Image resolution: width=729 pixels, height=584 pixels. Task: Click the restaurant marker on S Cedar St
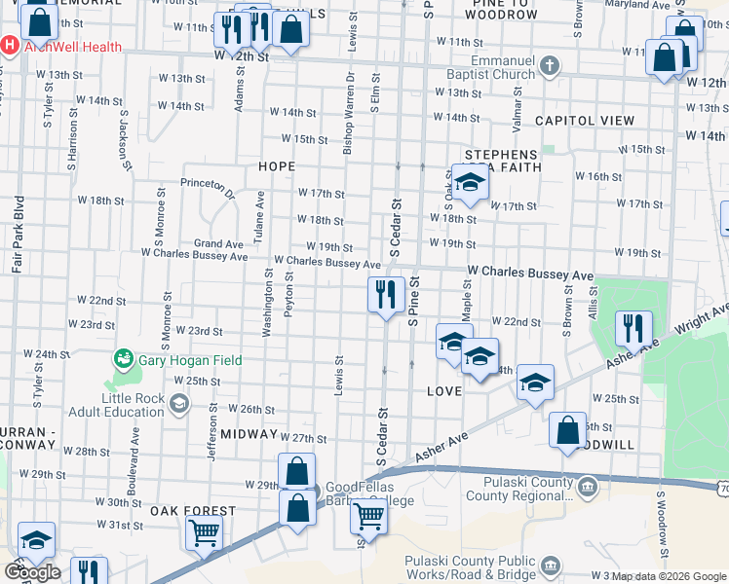pos(386,293)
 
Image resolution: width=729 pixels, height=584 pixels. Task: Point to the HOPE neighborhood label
pos(277,166)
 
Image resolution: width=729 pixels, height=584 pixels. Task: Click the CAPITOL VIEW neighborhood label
pos(585,121)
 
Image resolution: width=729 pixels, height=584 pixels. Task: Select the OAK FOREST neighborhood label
pos(193,511)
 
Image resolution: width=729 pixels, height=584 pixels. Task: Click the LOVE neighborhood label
pos(443,390)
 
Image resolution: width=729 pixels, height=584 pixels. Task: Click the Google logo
pos(32,572)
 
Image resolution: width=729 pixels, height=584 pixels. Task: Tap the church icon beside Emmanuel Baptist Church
pos(550,67)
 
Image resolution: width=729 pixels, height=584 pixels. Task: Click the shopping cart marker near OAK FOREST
pos(204,531)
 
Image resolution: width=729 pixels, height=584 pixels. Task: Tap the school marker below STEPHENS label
pos(470,185)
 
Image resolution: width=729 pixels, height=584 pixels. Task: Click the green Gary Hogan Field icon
pos(123,359)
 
